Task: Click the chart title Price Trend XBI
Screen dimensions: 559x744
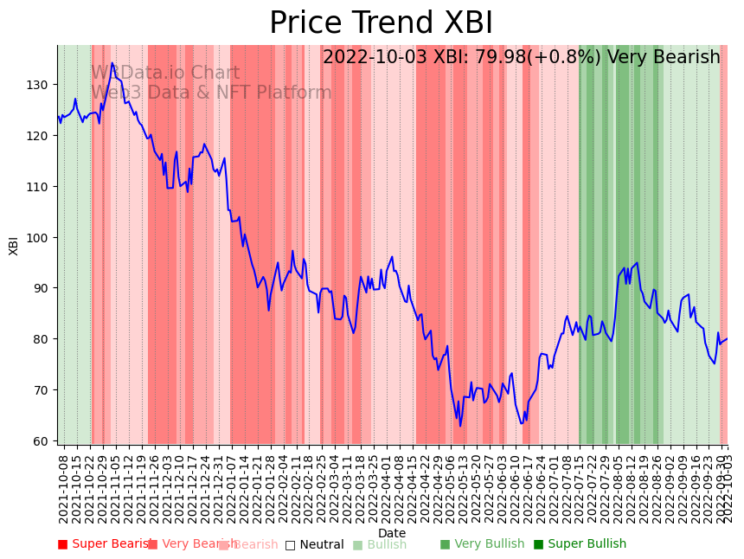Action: pos(381,23)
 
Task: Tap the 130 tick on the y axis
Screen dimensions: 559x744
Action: pos(42,85)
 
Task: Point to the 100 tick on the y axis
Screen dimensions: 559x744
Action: pos(42,237)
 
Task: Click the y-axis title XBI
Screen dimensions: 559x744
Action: pos(14,246)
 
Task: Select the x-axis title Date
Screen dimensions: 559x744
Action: pos(392,533)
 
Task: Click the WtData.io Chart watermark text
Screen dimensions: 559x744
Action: pos(165,74)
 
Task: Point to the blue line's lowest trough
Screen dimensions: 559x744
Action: pos(460,426)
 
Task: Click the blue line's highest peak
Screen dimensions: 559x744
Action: pos(112,63)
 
